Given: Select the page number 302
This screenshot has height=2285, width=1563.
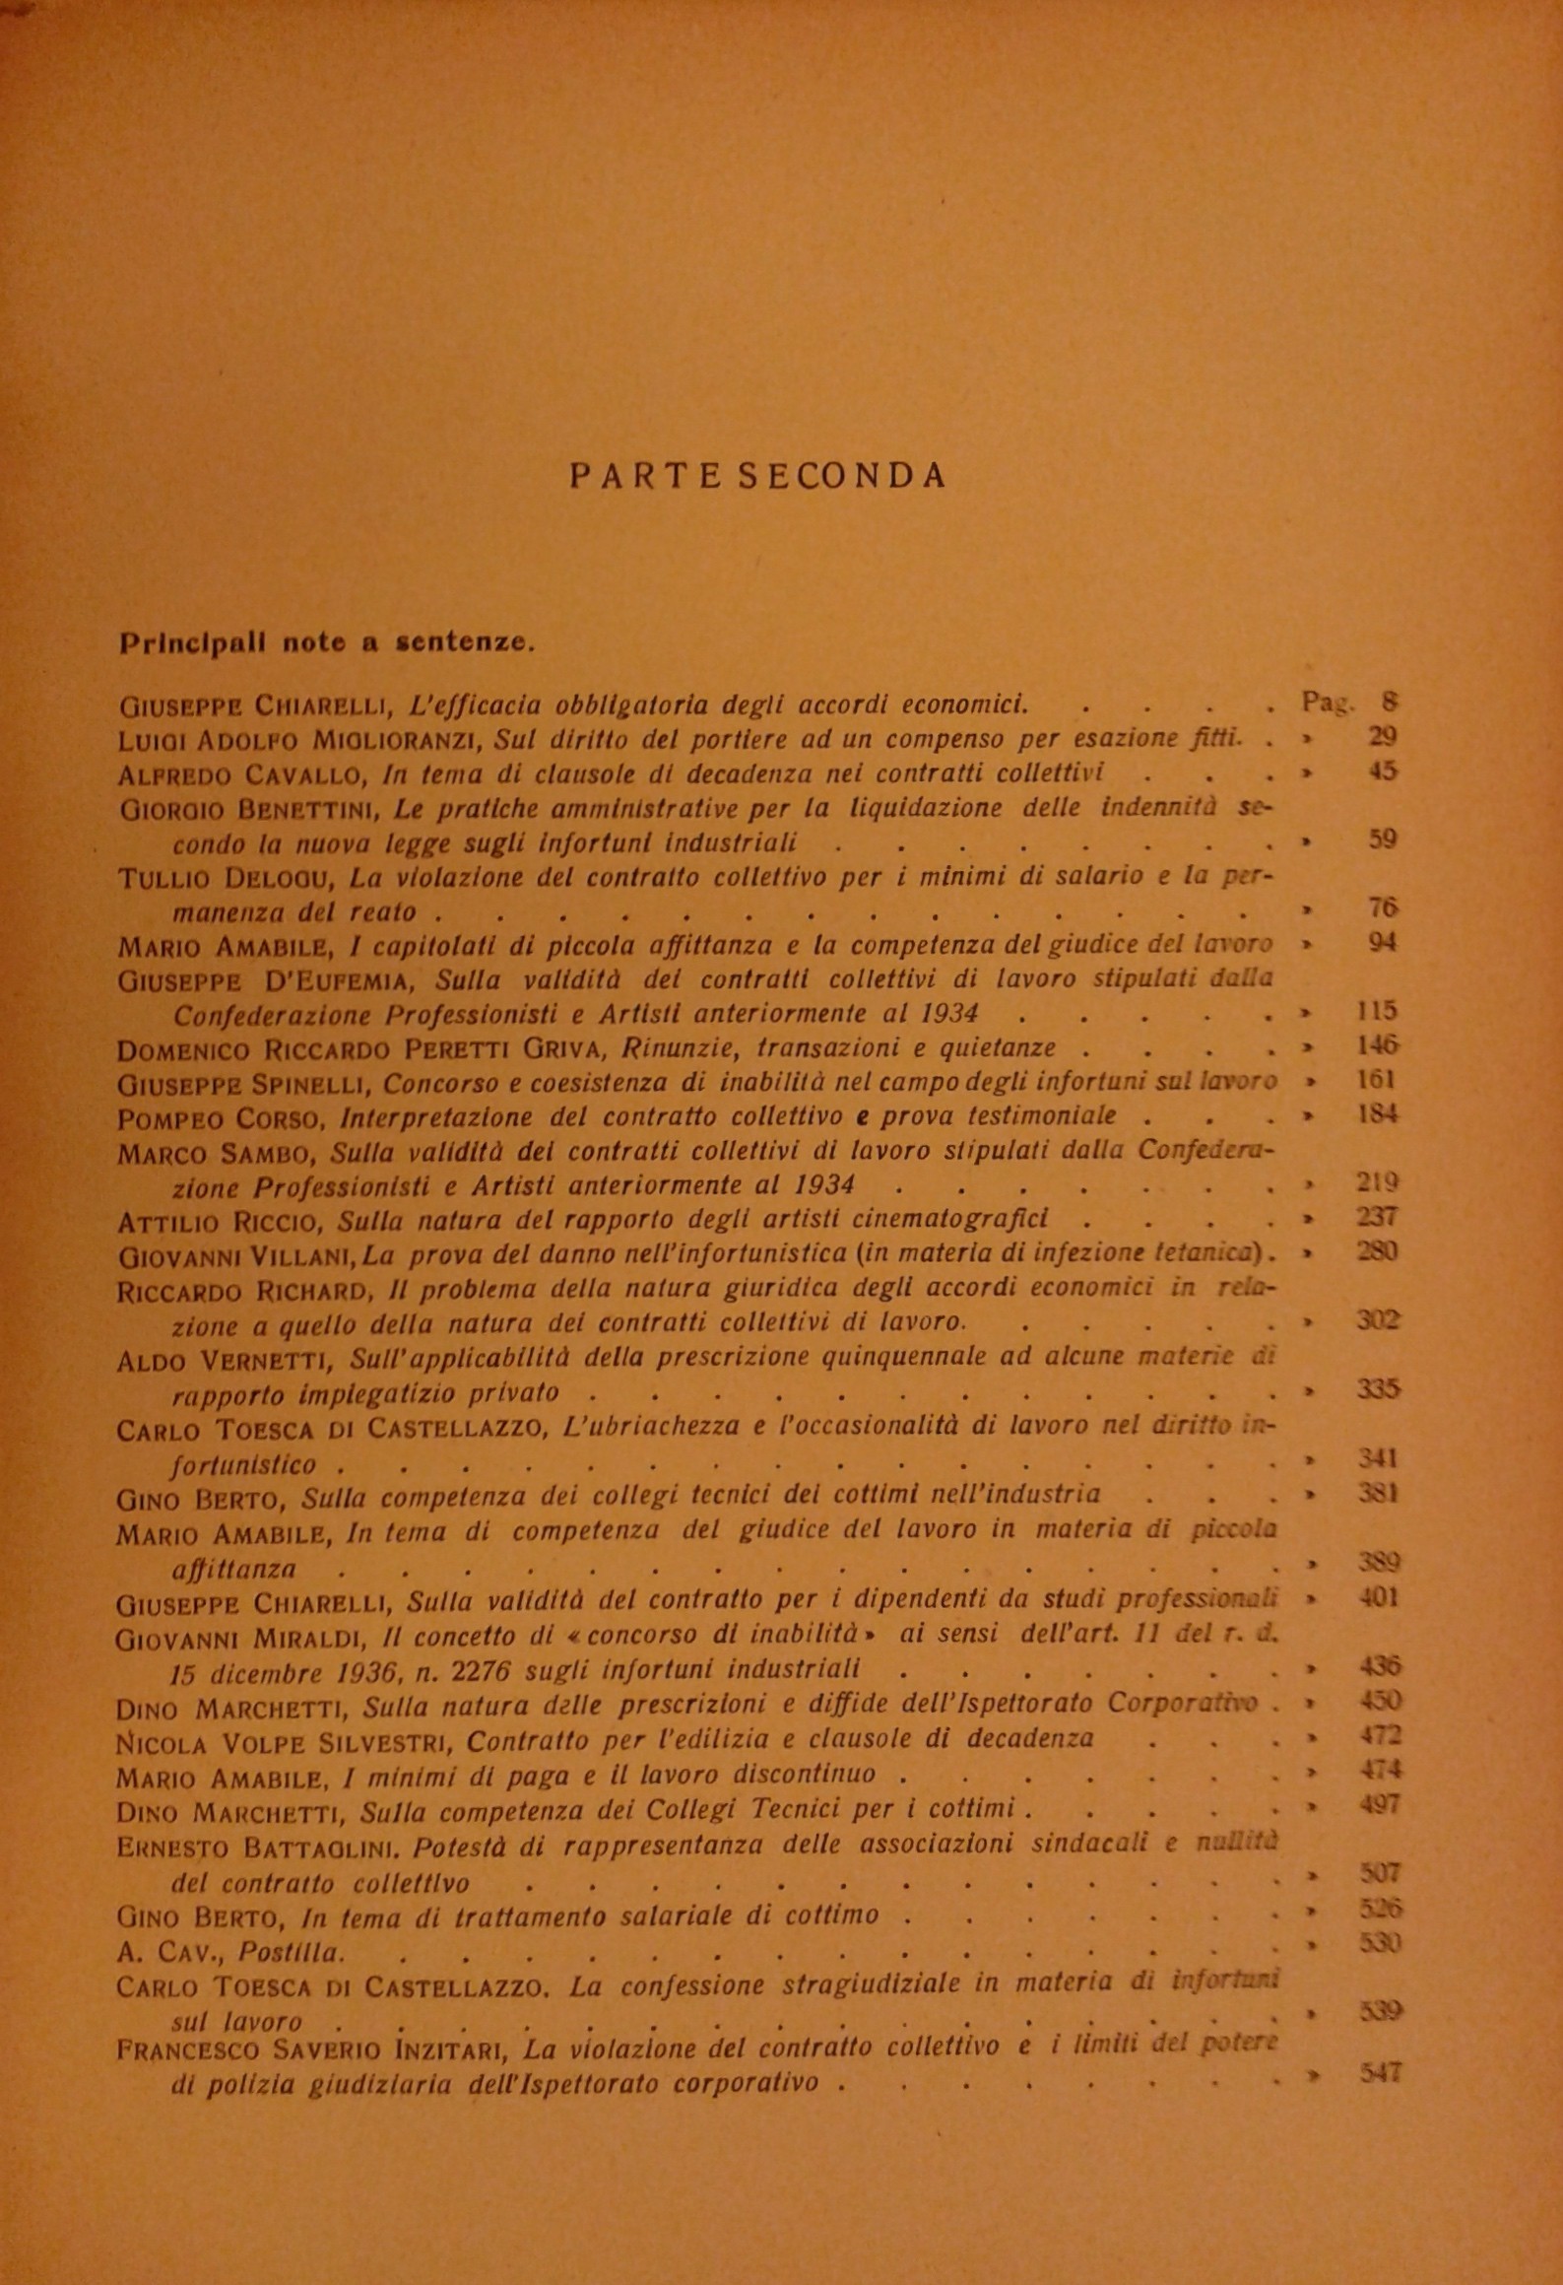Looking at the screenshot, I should (1377, 1320).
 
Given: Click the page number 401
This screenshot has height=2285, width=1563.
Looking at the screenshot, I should (1378, 1596).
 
